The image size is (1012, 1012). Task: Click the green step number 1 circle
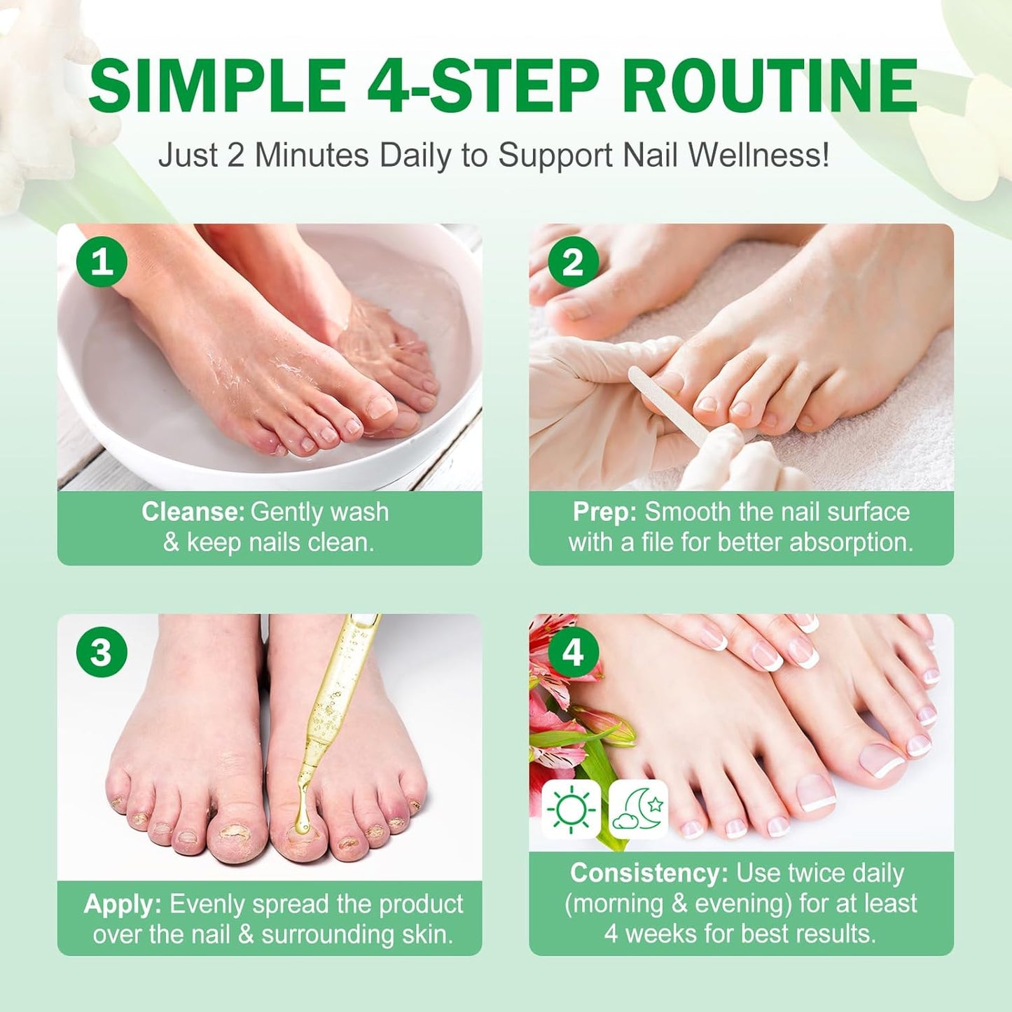[102, 262]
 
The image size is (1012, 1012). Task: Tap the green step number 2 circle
[573, 262]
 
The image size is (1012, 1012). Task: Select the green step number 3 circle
[102, 652]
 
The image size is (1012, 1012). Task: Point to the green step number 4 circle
[573, 652]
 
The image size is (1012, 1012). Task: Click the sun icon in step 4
[571, 810]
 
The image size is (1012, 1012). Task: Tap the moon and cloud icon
[638, 810]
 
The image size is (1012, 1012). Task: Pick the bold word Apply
[123, 904]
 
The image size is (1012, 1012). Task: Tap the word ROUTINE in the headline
[770, 86]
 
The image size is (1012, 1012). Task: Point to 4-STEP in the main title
[483, 86]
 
